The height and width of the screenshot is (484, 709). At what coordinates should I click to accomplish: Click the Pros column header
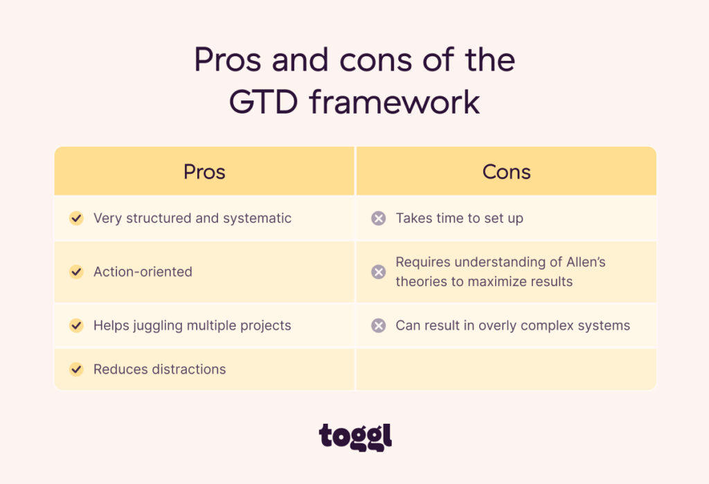pyautogui.click(x=204, y=172)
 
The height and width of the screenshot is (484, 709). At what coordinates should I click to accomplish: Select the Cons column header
pyautogui.click(x=506, y=172)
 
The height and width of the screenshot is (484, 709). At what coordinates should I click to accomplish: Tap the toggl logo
pyautogui.click(x=355, y=437)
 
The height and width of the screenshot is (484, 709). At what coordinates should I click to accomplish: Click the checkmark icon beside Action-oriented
pyautogui.click(x=76, y=272)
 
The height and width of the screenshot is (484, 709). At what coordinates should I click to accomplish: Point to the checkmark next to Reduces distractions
pyautogui.click(x=76, y=369)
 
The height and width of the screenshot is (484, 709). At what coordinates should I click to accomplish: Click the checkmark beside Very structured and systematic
pyautogui.click(x=76, y=218)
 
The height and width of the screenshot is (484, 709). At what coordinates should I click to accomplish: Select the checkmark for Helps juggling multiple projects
pyautogui.click(x=76, y=325)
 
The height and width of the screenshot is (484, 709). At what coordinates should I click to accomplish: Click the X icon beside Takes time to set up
pyautogui.click(x=378, y=218)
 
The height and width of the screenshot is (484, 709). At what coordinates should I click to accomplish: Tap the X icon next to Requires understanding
pyautogui.click(x=378, y=272)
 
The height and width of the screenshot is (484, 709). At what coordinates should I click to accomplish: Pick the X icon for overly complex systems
pyautogui.click(x=378, y=325)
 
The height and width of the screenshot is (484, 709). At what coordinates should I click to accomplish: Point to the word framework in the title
pyautogui.click(x=395, y=102)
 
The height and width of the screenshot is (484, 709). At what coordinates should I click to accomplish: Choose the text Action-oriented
pyautogui.click(x=143, y=272)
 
